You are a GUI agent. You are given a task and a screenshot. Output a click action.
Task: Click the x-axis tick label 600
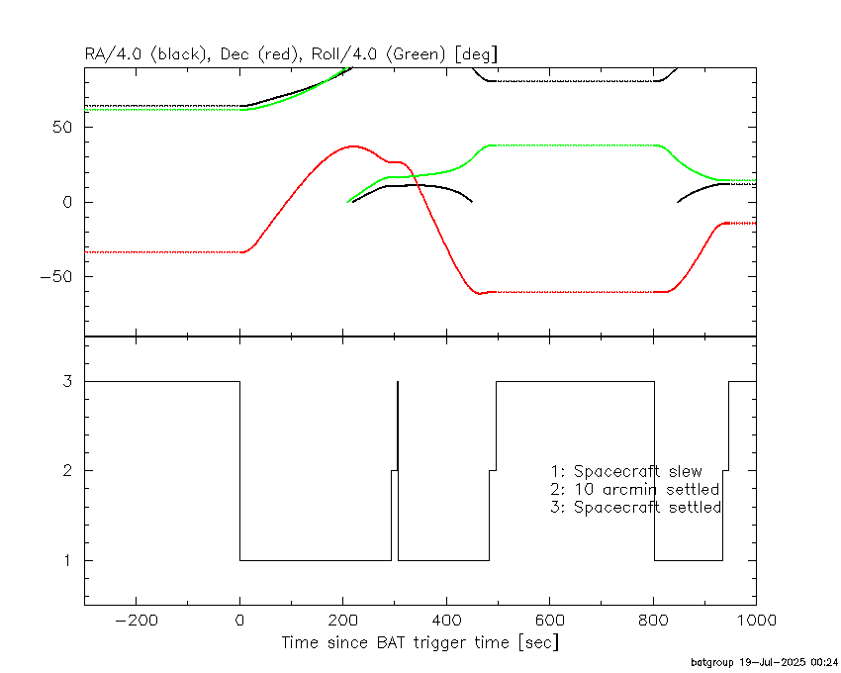pyautogui.click(x=550, y=621)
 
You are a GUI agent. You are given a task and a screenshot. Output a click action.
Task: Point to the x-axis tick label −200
pyautogui.click(x=137, y=621)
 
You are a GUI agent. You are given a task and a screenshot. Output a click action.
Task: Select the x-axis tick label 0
pyautogui.click(x=239, y=621)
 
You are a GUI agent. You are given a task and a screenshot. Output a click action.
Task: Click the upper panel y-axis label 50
pyautogui.click(x=62, y=128)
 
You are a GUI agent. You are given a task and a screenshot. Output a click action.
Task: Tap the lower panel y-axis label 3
pyautogui.click(x=67, y=381)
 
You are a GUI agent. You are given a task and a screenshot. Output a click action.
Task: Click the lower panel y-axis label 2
pyautogui.click(x=67, y=471)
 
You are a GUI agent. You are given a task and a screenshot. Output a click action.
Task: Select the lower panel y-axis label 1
pyautogui.click(x=67, y=561)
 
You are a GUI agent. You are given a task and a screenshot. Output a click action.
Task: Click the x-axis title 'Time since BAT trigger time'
pyautogui.click(x=396, y=642)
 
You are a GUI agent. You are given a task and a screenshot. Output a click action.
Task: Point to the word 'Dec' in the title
pyautogui.click(x=234, y=54)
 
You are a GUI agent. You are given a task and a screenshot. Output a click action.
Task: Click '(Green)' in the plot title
pyautogui.click(x=416, y=54)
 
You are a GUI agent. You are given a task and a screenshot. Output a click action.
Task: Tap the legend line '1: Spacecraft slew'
pyautogui.click(x=626, y=471)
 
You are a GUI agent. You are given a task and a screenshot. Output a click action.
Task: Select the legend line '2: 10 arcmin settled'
pyautogui.click(x=635, y=490)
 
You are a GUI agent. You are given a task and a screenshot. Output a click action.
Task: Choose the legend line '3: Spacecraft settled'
pyautogui.click(x=636, y=507)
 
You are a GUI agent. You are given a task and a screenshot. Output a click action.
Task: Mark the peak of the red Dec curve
pyautogui.click(x=353, y=145)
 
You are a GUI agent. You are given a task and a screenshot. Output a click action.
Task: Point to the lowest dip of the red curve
pyautogui.click(x=479, y=294)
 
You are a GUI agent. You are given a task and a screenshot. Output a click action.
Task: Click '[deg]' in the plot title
pyautogui.click(x=476, y=54)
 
